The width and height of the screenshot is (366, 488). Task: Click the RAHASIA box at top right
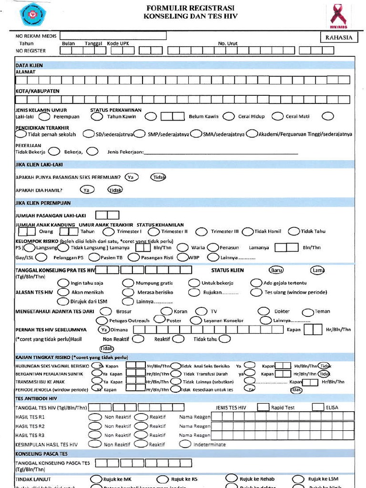tap(339, 38)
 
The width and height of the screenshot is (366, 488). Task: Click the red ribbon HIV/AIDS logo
tap(339, 15)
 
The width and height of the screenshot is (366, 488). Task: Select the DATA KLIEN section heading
tap(30, 65)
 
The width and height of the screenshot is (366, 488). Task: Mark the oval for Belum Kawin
tap(229, 116)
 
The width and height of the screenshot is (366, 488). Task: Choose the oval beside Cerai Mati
tap(327, 116)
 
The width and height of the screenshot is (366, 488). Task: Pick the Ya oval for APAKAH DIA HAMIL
tap(86, 190)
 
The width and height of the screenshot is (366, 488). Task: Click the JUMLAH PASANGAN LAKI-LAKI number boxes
tap(107, 215)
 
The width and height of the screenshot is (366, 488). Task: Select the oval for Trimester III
tap(247, 231)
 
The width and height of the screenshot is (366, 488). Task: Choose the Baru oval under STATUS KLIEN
tap(276, 270)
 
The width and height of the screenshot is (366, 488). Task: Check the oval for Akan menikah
tap(63, 292)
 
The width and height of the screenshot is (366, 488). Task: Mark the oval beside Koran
tap(167, 311)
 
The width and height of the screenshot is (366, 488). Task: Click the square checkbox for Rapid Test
tap(263, 407)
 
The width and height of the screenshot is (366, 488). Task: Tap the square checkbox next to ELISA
tap(318, 407)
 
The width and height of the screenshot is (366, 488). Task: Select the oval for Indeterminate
tap(185, 444)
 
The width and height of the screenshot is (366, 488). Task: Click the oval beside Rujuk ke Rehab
tap(232, 478)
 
